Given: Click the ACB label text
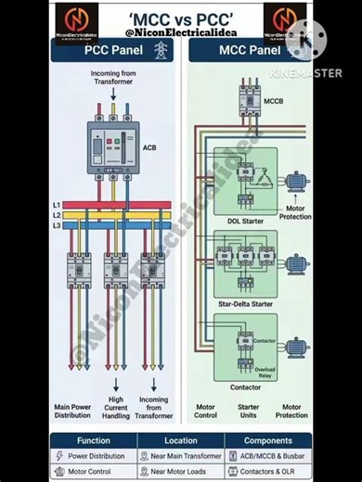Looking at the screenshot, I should pos(149,147).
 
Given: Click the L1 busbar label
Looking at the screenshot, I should pos(56,204).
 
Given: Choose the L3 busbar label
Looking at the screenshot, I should pos(56,225).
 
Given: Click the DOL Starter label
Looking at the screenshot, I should pos(246,221).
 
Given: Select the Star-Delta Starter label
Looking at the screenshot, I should pos(246,302).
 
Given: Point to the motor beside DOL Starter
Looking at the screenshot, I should pos(298,182).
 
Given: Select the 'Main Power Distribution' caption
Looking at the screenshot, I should pos(72,411).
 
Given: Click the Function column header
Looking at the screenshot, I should pos(94,441).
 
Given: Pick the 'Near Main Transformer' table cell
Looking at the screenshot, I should pos(180,456).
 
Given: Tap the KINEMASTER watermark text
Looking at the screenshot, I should pos(306,72).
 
